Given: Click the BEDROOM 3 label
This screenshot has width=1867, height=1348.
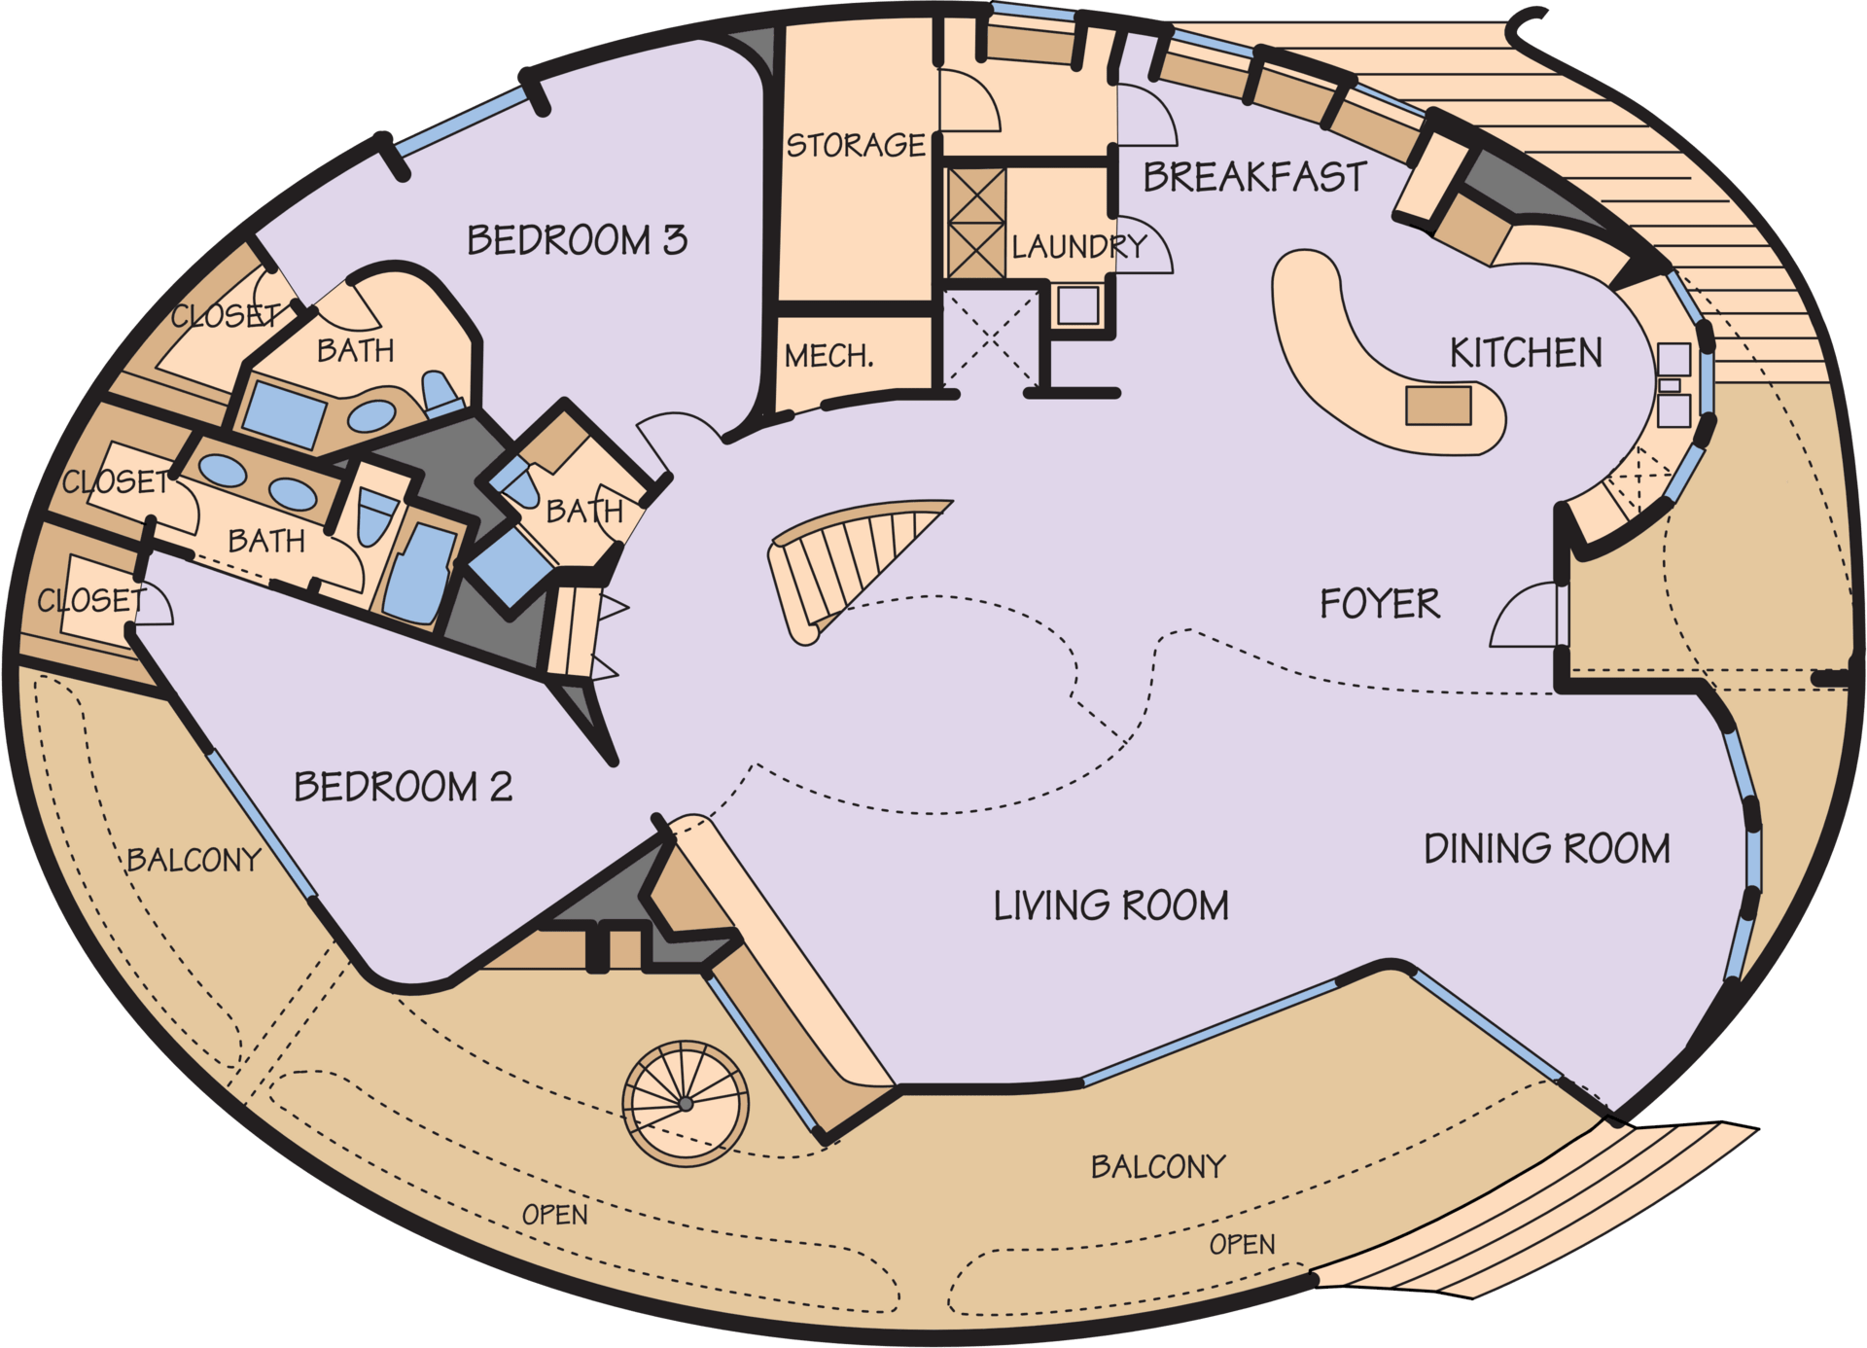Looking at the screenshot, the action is pyautogui.click(x=577, y=240).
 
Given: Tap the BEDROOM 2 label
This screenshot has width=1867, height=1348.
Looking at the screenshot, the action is pyautogui.click(x=403, y=787).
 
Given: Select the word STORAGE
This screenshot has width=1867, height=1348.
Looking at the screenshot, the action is pyautogui.click(x=856, y=146).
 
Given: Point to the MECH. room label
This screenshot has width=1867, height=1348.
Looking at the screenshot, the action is pyautogui.click(x=828, y=356).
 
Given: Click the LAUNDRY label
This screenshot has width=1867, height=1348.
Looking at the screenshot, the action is pyautogui.click(x=1079, y=247).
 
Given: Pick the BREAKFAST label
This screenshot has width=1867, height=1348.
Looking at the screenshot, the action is pyautogui.click(x=1254, y=177).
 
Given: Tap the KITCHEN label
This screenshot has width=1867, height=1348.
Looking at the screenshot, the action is pyautogui.click(x=1526, y=353).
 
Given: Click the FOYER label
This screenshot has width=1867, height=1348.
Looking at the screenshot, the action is pyautogui.click(x=1379, y=604).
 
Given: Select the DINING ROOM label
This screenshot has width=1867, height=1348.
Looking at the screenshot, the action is pyautogui.click(x=1547, y=849).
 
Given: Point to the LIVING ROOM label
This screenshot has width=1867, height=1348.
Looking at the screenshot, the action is pyautogui.click(x=1110, y=906).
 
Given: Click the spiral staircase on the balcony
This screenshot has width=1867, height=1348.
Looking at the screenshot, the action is pyautogui.click(x=686, y=1103).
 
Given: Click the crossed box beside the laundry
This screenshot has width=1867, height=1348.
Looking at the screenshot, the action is pyautogui.click(x=976, y=223).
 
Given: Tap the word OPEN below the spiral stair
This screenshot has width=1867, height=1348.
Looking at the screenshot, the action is pyautogui.click(x=555, y=1215).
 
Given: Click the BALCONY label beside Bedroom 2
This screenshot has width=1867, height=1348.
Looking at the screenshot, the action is pyautogui.click(x=194, y=860).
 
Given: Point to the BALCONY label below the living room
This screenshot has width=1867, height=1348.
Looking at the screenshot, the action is pyautogui.click(x=1158, y=1166).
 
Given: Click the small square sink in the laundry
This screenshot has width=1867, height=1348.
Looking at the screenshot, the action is pyautogui.click(x=1077, y=305).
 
